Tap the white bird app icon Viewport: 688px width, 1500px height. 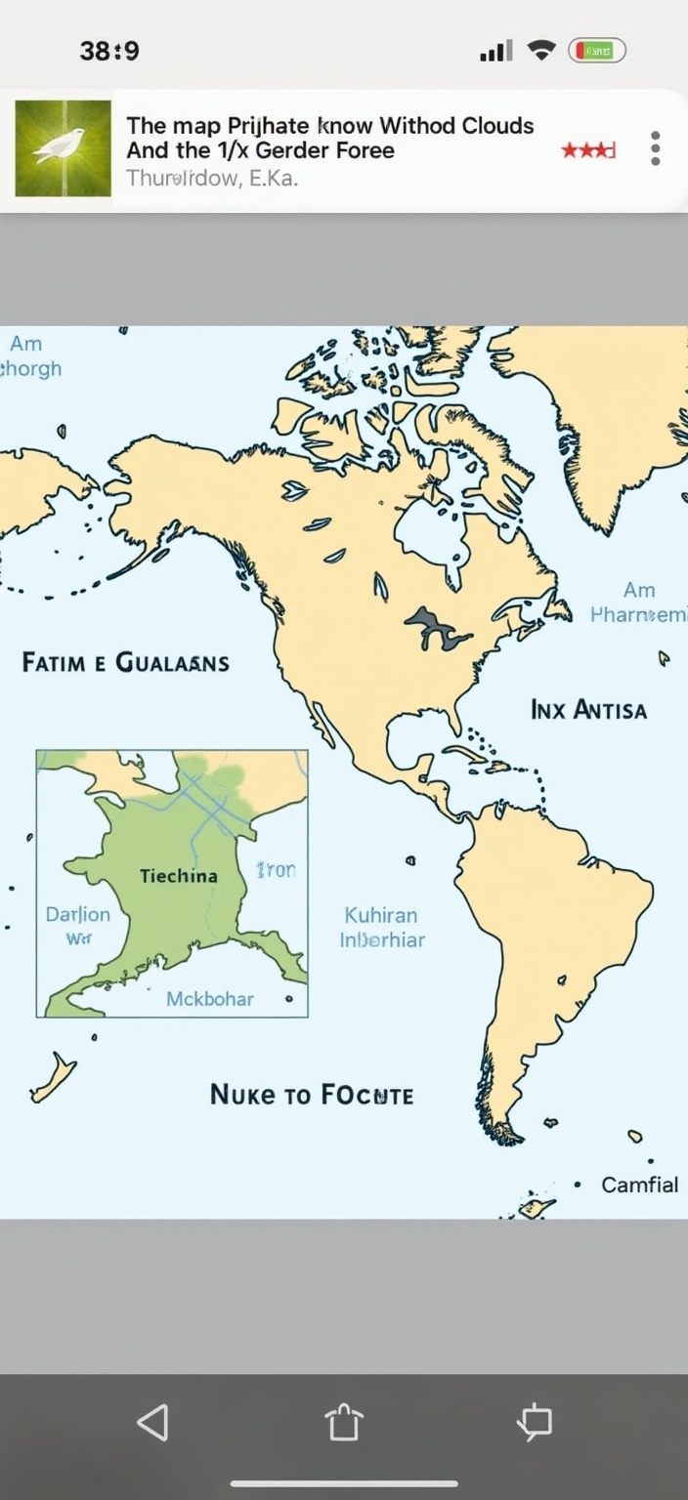pyautogui.click(x=63, y=147)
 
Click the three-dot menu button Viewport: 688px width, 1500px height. pyautogui.click(x=655, y=148)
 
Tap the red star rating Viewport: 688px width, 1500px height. pyautogui.click(x=587, y=150)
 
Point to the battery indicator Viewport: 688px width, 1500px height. pyautogui.click(x=597, y=51)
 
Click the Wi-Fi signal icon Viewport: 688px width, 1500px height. pyautogui.click(x=540, y=51)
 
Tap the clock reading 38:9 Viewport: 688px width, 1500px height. pyautogui.click(x=109, y=51)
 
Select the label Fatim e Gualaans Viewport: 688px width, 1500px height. pyautogui.click(x=125, y=662)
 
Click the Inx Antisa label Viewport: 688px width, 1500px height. pyautogui.click(x=588, y=709)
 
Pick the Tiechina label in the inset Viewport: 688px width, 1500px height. pyautogui.click(x=179, y=875)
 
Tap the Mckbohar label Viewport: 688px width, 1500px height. pyautogui.click(x=209, y=998)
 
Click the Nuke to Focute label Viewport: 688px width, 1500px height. pyautogui.click(x=311, y=1095)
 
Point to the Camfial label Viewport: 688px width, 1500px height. pyautogui.click(x=639, y=1185)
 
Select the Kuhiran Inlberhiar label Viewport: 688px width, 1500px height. pyautogui.click(x=381, y=928)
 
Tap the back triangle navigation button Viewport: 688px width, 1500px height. pyautogui.click(x=152, y=1422)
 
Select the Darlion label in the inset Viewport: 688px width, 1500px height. pyautogui.click(x=78, y=915)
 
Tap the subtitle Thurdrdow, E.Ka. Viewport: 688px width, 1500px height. pyautogui.click(x=211, y=179)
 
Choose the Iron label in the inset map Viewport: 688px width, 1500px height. pyautogui.click(x=276, y=869)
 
